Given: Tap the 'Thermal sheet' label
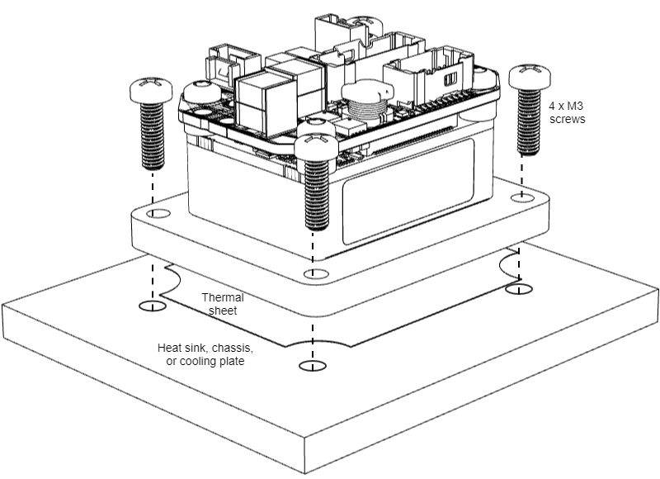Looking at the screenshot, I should coord(220,303).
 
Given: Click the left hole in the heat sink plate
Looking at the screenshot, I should coord(151,307).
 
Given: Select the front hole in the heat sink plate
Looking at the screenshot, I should coord(308,366).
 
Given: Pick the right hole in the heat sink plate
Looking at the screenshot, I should coord(520,289).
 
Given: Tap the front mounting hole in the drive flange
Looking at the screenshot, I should coord(310,273).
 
